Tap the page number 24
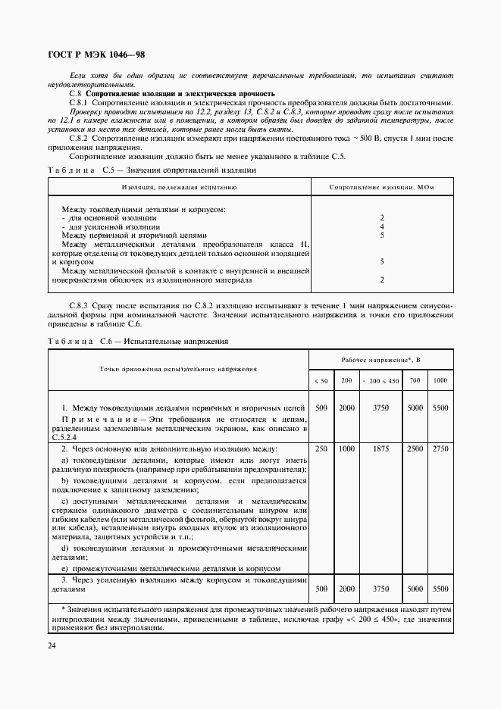click(x=51, y=645)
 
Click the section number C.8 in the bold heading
click(x=75, y=93)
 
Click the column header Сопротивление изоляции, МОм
click(x=381, y=186)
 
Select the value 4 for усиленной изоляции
click(x=381, y=226)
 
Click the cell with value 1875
click(x=381, y=449)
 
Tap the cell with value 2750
click(x=440, y=449)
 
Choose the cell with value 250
click(x=321, y=449)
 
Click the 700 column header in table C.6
click(x=415, y=379)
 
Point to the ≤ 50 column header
click(x=321, y=379)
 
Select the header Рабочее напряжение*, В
click(x=380, y=359)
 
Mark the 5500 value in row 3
click(x=440, y=589)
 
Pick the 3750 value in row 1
click(x=381, y=408)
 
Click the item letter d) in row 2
click(x=65, y=547)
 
